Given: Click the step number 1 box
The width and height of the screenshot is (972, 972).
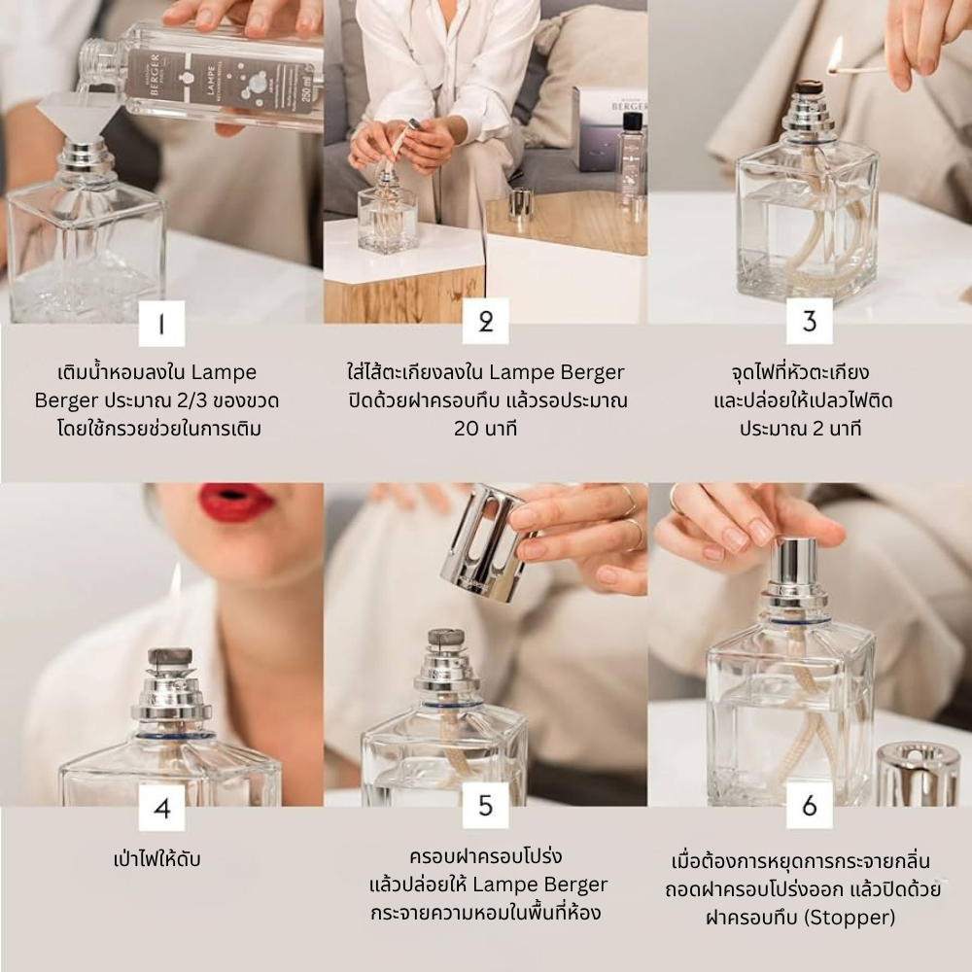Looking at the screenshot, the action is [161, 323].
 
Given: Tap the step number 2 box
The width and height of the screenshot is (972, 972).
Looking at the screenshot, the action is [485, 321].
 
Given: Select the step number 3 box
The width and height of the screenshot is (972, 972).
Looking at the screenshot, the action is [810, 321].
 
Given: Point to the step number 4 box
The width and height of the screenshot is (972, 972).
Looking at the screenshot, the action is [161, 808].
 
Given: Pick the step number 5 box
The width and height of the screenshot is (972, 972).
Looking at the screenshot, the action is [485, 805].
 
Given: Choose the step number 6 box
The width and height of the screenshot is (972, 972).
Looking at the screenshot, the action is [810, 805].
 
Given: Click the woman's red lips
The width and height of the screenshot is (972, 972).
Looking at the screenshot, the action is [237, 501].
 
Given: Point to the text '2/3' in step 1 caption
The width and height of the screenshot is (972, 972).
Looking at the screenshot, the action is [191, 400].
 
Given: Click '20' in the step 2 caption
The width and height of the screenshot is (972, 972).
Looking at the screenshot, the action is [468, 429].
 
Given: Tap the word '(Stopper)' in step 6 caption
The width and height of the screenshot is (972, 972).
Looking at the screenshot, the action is [850, 918].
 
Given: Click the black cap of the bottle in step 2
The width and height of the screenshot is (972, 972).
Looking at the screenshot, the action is [632, 122].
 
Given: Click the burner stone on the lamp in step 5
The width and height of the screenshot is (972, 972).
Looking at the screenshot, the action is [446, 639].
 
